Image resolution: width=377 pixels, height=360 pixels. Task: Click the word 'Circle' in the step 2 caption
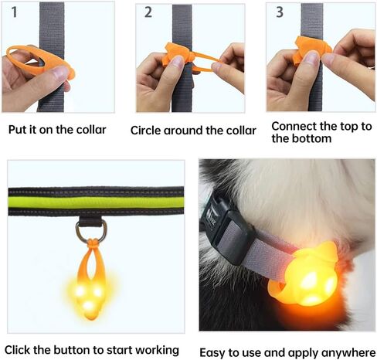147,131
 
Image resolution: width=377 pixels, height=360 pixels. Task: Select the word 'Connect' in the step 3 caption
296,126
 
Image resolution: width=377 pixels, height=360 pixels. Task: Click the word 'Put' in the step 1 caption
18,130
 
